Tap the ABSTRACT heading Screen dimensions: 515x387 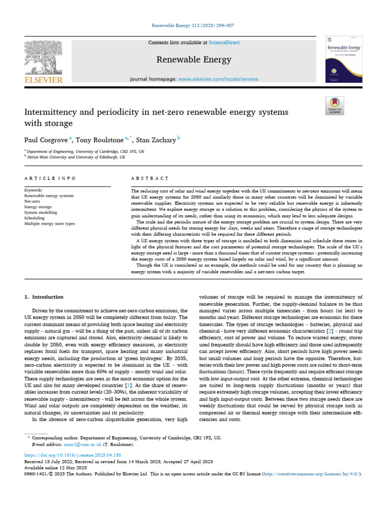[x=150, y=178]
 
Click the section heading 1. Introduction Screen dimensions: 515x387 [x=44, y=297]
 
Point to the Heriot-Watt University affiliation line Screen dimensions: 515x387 [x=77, y=156]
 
